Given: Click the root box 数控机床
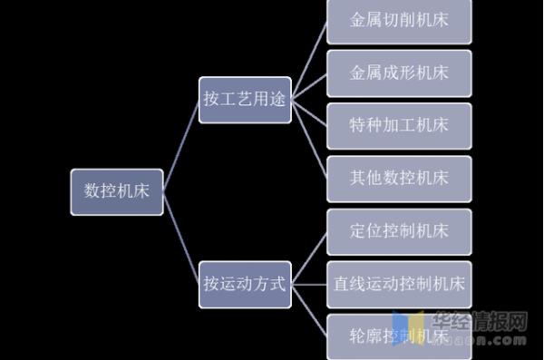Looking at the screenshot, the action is (117, 191).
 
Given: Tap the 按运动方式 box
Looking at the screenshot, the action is (244, 283).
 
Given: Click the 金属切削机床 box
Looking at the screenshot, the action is (398, 19).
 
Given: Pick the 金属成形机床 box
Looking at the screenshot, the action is (398, 72).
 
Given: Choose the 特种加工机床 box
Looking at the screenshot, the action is (398, 124).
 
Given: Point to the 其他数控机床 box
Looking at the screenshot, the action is (398, 177).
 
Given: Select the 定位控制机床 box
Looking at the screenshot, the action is (398, 230).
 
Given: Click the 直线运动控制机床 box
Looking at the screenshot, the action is (398, 283).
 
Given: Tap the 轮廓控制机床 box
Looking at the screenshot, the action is (398, 335).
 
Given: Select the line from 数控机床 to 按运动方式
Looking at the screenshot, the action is (181, 237).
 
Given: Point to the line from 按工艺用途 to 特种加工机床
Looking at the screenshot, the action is (308, 112).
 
